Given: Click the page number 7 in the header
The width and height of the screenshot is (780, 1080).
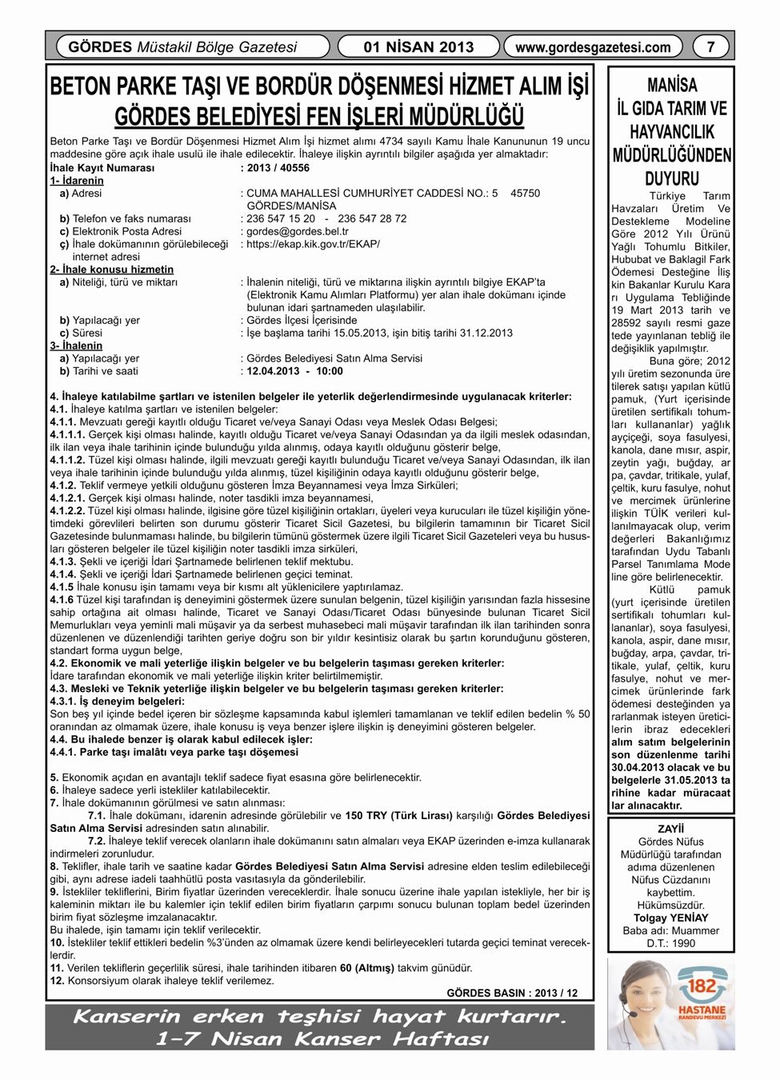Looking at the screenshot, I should click(710, 47).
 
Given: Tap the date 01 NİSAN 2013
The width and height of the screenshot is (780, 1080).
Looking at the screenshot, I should click(418, 47).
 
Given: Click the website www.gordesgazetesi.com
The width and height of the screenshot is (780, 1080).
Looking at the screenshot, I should click(593, 47).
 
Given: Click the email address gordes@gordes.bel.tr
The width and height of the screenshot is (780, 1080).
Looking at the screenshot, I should click(298, 231).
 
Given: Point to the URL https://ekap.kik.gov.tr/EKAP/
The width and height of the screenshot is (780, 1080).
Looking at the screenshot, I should click(314, 244).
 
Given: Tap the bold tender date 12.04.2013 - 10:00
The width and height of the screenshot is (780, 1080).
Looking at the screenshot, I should click(294, 371).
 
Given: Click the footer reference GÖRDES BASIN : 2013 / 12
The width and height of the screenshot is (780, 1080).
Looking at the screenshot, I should click(512, 993).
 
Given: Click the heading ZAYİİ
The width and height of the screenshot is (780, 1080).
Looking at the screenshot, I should click(670, 829).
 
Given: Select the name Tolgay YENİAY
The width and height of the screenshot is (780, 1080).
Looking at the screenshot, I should click(670, 918).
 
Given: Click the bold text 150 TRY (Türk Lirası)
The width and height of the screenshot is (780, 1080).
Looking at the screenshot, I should click(398, 816).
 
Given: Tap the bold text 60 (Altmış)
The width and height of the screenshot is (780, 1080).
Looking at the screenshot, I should click(367, 968).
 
